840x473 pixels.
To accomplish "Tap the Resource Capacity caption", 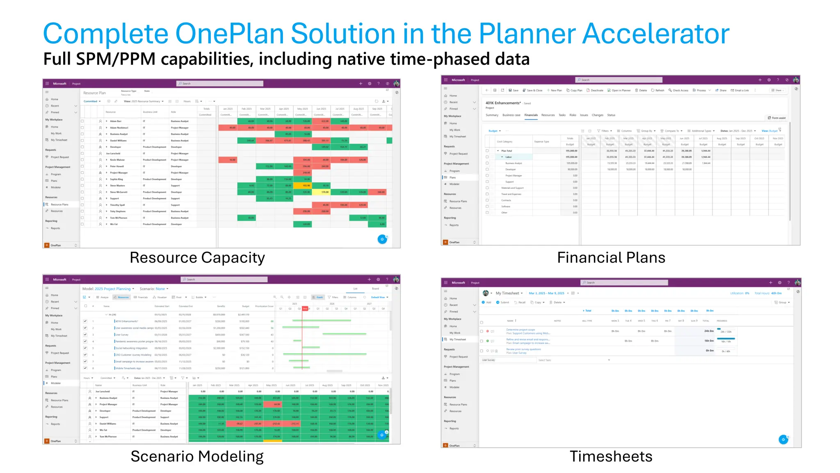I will coord(197,258).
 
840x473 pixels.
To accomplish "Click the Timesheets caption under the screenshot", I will coord(611,457).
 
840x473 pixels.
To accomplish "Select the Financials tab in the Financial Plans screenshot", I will coord(531,115).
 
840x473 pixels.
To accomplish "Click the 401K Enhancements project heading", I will coord(503,103).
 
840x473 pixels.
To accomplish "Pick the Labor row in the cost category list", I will coord(509,157).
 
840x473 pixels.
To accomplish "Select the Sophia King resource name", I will coord(116,179).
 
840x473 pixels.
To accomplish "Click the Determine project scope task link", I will coord(520,330).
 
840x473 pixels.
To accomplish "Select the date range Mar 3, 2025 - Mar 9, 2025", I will coord(546,293).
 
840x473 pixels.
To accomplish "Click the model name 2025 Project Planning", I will coord(112,289).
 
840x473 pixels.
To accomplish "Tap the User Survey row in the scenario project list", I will coord(122,335).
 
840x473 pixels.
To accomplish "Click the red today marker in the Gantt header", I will coord(305,308).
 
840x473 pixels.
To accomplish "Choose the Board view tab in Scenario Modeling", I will coord(375,289).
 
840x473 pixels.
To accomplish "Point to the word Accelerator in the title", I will coord(655,34).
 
